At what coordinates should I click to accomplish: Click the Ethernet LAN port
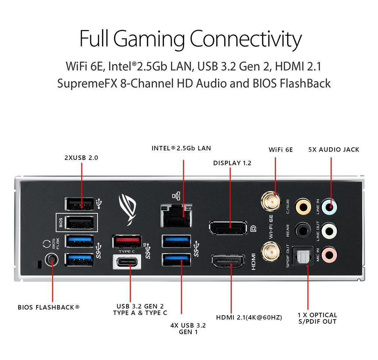pos(176,215)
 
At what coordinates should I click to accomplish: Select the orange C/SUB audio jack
pos(303,206)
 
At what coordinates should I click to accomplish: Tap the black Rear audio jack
pos(303,230)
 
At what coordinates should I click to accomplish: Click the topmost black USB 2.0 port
pos(79,204)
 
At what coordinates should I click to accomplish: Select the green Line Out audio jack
pos(330,229)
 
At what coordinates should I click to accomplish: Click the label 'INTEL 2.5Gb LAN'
pos(181,148)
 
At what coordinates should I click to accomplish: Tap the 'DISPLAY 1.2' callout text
pos(232,163)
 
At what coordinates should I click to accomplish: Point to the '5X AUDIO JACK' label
pos(333,150)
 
